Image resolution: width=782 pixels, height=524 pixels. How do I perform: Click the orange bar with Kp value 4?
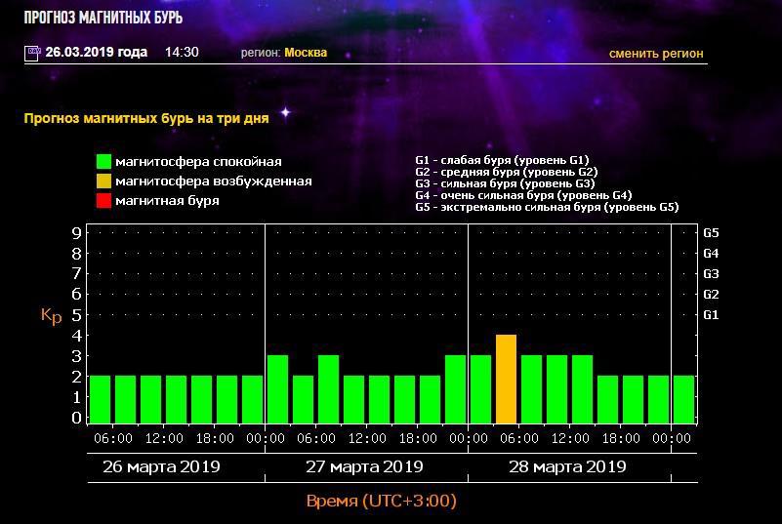tap(506, 379)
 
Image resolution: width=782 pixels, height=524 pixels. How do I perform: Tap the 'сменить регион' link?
tap(655, 54)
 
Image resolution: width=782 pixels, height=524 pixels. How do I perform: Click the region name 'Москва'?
tap(306, 53)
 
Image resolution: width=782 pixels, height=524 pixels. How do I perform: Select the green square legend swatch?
tap(103, 162)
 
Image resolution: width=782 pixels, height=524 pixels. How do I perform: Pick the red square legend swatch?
tap(103, 201)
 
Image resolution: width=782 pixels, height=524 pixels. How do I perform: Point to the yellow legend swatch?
tap(103, 181)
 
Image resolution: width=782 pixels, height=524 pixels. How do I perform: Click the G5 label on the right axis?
tap(711, 233)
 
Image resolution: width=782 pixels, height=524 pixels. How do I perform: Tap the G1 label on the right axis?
tap(711, 315)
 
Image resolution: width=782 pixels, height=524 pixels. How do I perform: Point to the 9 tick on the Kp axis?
tap(75, 233)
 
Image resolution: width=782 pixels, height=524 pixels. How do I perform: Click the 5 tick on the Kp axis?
tap(75, 315)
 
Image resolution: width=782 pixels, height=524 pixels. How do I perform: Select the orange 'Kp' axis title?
tap(51, 315)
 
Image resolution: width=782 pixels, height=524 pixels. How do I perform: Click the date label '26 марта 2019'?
tap(161, 466)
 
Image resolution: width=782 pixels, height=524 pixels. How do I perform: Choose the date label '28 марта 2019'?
tap(567, 466)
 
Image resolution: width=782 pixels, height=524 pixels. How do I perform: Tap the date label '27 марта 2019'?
tap(364, 466)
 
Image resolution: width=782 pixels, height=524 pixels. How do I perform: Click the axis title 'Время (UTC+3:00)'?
tap(382, 502)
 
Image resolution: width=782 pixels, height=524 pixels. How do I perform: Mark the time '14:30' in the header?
tap(182, 53)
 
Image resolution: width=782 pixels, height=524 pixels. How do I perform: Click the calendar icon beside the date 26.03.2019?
tap(32, 53)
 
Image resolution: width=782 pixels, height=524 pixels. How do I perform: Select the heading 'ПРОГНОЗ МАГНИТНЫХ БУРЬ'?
tap(103, 18)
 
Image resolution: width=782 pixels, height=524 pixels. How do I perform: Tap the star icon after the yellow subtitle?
tap(286, 113)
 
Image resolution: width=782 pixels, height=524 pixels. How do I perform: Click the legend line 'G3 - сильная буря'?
tap(505, 183)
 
